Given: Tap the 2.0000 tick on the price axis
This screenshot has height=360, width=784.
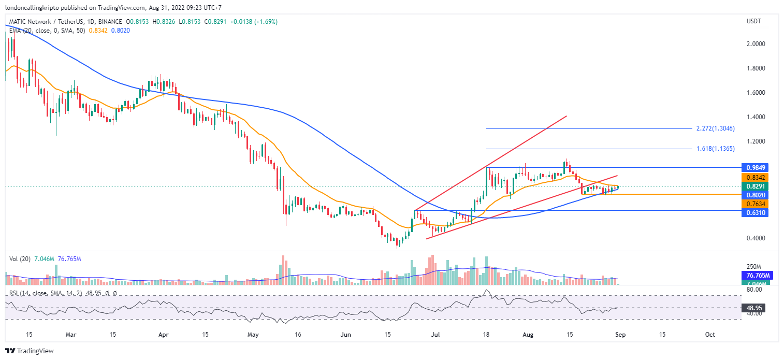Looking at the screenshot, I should pos(755,44).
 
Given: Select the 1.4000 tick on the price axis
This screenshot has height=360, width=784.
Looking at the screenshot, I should pos(755,117).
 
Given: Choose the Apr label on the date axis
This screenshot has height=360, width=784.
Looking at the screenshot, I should pos(164,335).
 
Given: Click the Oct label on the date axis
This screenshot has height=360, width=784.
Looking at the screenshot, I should pos(710,335).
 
